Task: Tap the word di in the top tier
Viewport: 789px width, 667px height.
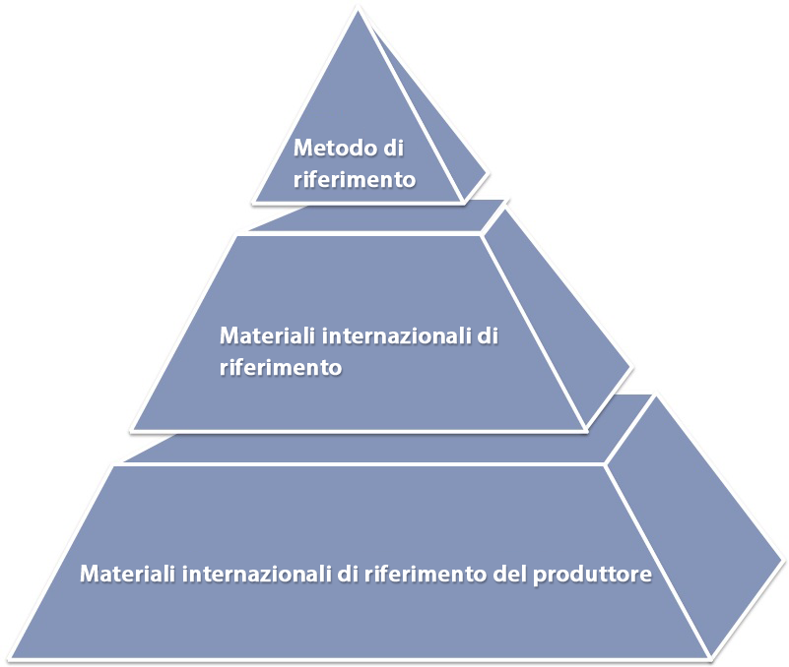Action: [x=393, y=149]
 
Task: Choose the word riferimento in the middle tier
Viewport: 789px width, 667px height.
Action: [x=281, y=368]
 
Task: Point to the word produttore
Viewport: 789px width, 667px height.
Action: [x=594, y=574]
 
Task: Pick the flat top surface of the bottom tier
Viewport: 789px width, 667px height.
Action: [x=374, y=448]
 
